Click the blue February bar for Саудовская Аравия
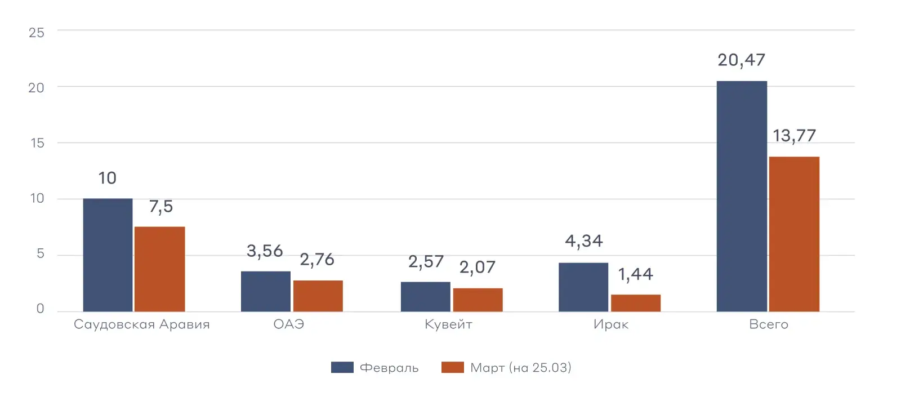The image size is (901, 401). (108, 255)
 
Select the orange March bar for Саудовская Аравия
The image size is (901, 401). (159, 269)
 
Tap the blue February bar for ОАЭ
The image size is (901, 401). (265, 291)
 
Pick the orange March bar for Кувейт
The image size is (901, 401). (478, 300)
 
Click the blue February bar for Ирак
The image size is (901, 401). (583, 287)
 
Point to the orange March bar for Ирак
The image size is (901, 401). (635, 303)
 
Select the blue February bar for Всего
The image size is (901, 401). (741, 196)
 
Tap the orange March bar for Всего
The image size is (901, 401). (794, 234)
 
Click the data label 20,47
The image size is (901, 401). (741, 60)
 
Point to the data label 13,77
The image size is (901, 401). (794, 136)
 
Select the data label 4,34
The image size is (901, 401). (583, 241)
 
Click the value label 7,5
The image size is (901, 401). (160, 207)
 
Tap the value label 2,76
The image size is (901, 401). (317, 260)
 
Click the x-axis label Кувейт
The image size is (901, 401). (448, 324)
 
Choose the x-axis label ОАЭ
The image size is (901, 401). (288, 324)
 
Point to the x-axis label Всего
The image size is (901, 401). (768, 324)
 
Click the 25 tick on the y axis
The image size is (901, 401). (37, 33)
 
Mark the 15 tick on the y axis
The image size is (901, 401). (37, 143)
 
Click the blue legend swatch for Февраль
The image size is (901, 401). (342, 368)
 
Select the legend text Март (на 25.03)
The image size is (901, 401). (520, 368)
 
